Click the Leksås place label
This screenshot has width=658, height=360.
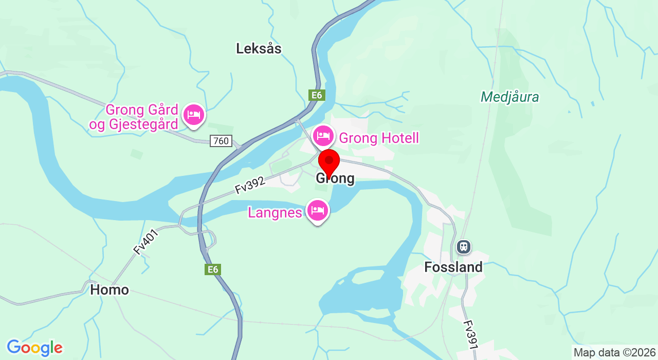coord(259,48)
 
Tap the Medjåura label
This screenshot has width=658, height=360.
coord(509,97)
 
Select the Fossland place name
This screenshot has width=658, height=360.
coord(453,267)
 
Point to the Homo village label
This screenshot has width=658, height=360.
coord(109,290)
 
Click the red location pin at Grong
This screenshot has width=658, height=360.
coord(329,161)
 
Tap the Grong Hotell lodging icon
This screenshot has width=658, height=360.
coord(323,136)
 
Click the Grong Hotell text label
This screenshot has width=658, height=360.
coord(379,138)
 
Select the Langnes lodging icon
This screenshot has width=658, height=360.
coord(318,210)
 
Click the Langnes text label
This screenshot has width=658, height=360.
coord(275,212)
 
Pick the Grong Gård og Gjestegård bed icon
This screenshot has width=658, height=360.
coord(194,114)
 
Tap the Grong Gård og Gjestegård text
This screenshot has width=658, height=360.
coord(135,117)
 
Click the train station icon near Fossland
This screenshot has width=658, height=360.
coord(464,247)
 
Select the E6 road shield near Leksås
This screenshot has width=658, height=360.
coord(316,95)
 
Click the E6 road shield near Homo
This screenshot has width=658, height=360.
coord(212,269)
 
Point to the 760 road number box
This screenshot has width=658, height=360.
coord(221,141)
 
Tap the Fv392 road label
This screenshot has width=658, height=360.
coord(250,185)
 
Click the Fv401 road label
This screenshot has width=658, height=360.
coord(145,242)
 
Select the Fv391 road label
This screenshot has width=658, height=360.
coord(471,336)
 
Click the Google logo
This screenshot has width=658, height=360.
coord(34,348)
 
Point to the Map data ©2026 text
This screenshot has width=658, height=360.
coord(614,352)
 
